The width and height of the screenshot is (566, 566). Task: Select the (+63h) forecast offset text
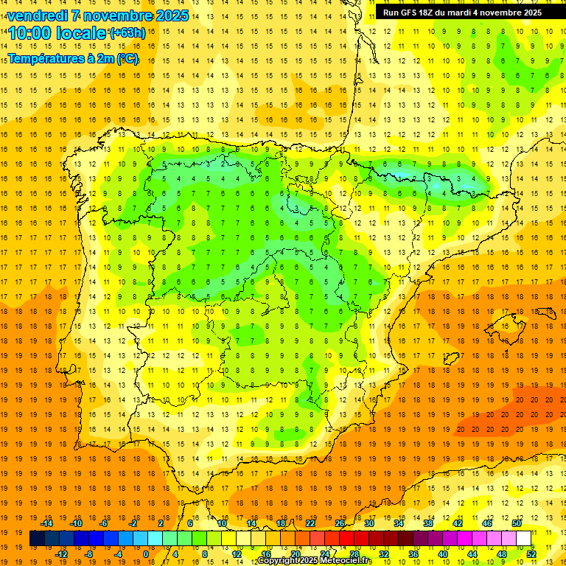tap(127, 33)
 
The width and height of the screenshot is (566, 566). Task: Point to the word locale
tap(80, 33)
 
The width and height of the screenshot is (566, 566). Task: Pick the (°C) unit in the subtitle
tap(127, 59)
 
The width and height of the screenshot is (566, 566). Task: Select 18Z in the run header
tap(427, 13)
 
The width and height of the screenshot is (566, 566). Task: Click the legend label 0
tap(146, 554)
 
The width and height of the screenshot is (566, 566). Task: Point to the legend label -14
tap(46, 523)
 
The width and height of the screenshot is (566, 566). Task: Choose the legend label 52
tap(532, 554)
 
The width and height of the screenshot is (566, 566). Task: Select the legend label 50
tap(517, 523)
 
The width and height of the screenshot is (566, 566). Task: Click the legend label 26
tap(340, 523)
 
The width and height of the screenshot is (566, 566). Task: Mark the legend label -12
tap(62, 554)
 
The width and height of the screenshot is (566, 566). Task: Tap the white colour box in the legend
tap(523, 539)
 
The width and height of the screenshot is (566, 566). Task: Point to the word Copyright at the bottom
tap(280, 562)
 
